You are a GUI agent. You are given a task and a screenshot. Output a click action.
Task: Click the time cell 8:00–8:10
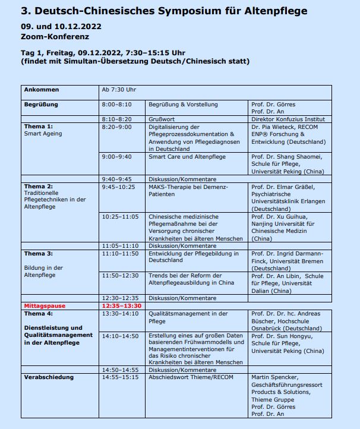pyautogui.click(x=116, y=105)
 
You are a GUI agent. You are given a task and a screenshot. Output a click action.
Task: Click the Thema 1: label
pyautogui.click(x=39, y=127)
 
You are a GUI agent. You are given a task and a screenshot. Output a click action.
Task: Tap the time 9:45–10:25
pyautogui.click(x=118, y=187)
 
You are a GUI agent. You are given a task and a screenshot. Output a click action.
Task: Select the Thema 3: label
pyautogui.click(x=39, y=254)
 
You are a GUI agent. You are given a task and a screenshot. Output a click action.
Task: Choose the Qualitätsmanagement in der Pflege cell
pyautogui.click(x=188, y=317)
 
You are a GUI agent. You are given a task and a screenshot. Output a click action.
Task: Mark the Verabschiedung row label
pyautogui.click(x=49, y=377)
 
